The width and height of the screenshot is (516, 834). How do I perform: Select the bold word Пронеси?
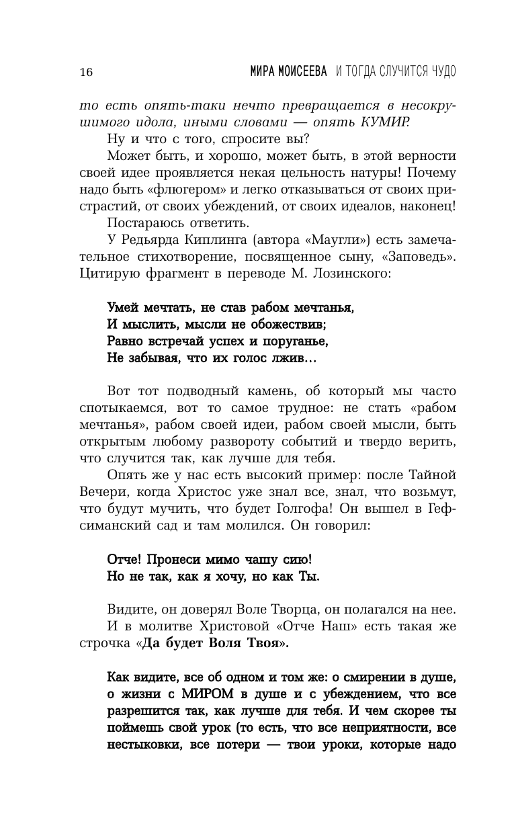(184, 559)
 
